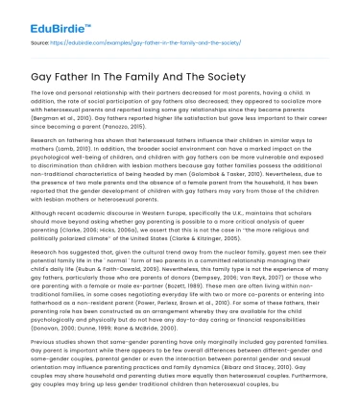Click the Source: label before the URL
[x=38, y=44]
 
